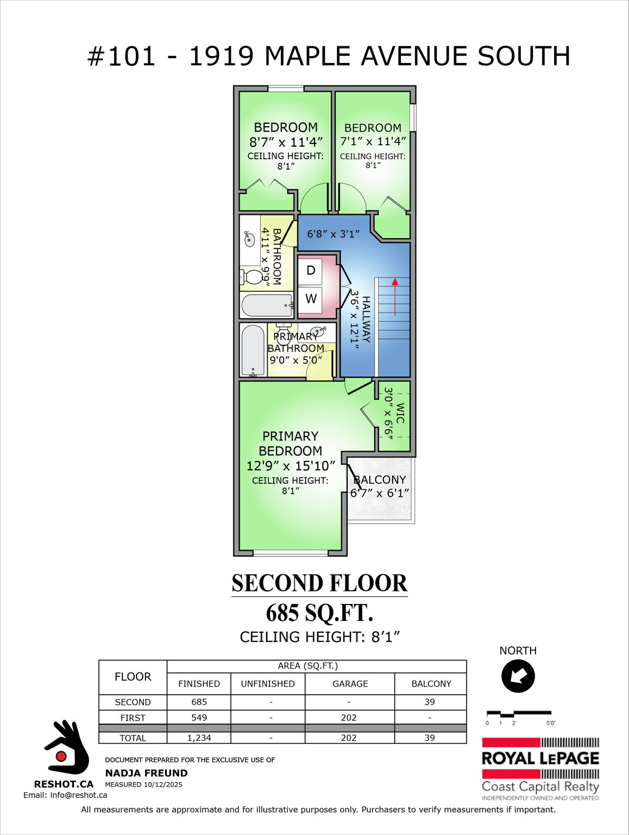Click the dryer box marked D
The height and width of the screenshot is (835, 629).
tap(310, 271)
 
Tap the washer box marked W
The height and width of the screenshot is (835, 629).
tap(310, 299)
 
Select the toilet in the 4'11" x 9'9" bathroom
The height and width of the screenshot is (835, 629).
tap(251, 277)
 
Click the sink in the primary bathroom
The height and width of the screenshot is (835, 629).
tap(318, 331)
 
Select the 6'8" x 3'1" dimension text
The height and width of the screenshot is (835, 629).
tap(334, 234)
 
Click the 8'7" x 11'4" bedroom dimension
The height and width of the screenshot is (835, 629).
tap(286, 142)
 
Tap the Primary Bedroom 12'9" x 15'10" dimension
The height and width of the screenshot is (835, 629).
tap(291, 466)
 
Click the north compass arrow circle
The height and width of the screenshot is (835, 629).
tap(518, 676)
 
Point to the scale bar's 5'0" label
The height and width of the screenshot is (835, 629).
tap(551, 723)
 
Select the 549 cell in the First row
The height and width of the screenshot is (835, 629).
tap(199, 718)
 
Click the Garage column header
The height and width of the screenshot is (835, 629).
tap(350, 684)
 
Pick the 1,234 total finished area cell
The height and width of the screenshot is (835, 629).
tap(199, 738)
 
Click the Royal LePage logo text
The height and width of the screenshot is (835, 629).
tap(540, 758)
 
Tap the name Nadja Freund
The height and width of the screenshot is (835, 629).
tap(146, 773)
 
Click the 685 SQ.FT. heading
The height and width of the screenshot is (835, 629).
tap(319, 613)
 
